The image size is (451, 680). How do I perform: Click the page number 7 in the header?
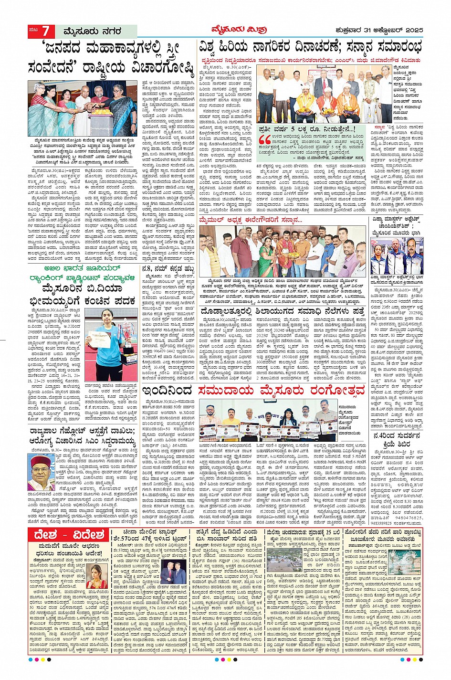tap(45, 32)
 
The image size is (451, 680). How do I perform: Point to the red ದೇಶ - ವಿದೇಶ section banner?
tap(69, 535)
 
